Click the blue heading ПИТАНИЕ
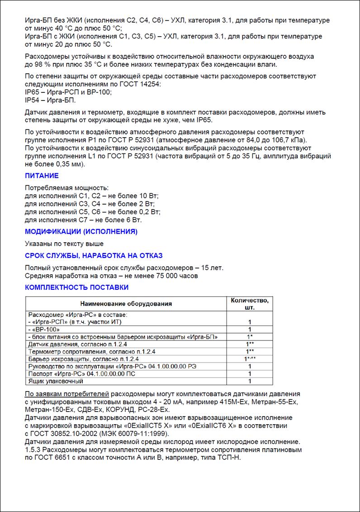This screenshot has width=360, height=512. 42,176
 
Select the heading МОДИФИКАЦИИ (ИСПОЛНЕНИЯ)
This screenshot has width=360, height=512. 81,232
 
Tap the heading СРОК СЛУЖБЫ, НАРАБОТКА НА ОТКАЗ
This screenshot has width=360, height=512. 94,256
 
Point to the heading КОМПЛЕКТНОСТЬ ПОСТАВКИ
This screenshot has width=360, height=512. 76,287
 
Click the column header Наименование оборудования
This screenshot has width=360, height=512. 126,304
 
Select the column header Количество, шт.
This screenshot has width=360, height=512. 249,304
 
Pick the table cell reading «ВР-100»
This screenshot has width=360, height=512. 45,329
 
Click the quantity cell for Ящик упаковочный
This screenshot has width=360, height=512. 249,381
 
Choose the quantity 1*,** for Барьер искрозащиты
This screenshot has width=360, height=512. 249,359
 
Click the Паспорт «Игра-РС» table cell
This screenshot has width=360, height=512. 81,374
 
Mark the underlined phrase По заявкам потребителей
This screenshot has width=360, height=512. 67,393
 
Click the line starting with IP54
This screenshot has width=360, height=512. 50,100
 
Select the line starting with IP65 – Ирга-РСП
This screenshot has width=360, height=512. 68,92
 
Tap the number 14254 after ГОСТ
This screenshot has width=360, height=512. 151,84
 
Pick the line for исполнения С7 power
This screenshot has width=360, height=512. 83,220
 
